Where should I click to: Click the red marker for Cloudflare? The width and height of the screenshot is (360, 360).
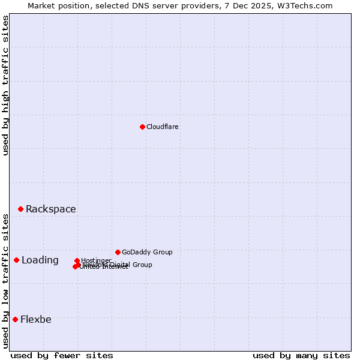[142, 127]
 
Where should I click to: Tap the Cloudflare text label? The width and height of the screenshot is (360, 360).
[163, 127]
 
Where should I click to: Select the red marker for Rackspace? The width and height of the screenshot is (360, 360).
[20, 209]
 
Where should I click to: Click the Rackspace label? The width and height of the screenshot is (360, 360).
[50, 209]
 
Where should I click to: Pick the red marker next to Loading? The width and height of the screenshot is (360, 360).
[16, 260]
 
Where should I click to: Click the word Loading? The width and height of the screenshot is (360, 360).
[40, 260]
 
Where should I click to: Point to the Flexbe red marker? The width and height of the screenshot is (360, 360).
[15, 319]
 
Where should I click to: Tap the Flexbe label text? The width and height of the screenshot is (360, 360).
[35, 319]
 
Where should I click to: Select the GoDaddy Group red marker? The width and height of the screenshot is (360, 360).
[118, 252]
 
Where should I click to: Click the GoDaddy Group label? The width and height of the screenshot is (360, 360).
[147, 252]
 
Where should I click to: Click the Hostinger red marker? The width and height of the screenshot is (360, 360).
[77, 261]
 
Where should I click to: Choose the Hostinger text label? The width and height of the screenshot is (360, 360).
[96, 260]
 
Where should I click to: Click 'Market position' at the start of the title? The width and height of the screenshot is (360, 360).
[57, 5]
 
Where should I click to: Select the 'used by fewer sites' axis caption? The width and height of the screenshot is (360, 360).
[62, 355]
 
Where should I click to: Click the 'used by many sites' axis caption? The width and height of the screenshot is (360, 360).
[301, 355]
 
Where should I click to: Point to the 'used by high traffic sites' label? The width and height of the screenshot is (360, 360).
[5, 86]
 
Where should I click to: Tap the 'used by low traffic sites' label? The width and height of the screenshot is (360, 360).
[5, 281]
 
